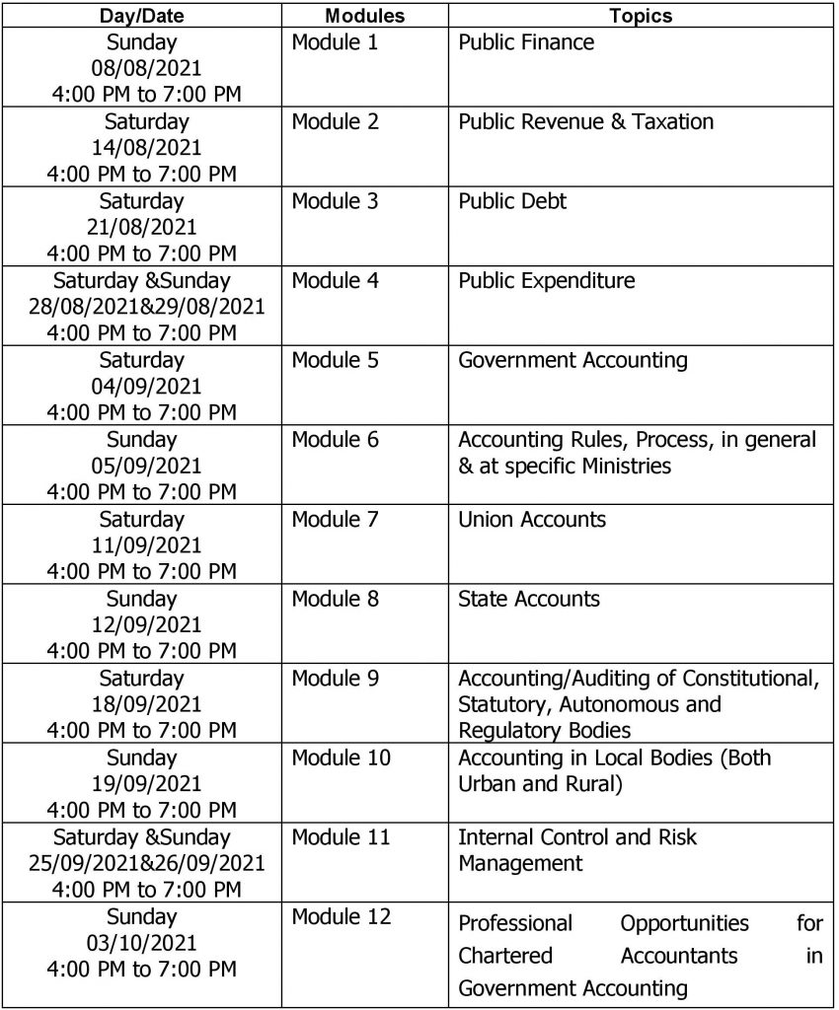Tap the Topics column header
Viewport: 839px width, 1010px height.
(641, 17)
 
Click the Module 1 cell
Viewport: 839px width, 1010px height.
(335, 42)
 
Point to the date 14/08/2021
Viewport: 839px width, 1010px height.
(145, 148)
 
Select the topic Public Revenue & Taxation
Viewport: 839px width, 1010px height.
(586, 122)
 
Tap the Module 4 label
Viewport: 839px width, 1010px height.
(335, 280)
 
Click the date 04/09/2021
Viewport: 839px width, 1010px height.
(145, 386)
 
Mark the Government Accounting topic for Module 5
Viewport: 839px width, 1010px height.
(572, 359)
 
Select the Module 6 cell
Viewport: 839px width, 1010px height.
(335, 440)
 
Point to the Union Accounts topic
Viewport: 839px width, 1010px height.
(532, 519)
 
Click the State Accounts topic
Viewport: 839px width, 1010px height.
(529, 599)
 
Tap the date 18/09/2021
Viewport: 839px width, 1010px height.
(145, 704)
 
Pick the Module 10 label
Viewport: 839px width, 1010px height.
(341, 757)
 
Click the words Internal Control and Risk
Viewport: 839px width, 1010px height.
(577, 837)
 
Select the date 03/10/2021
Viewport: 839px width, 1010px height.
(145, 944)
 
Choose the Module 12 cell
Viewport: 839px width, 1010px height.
(341, 917)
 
